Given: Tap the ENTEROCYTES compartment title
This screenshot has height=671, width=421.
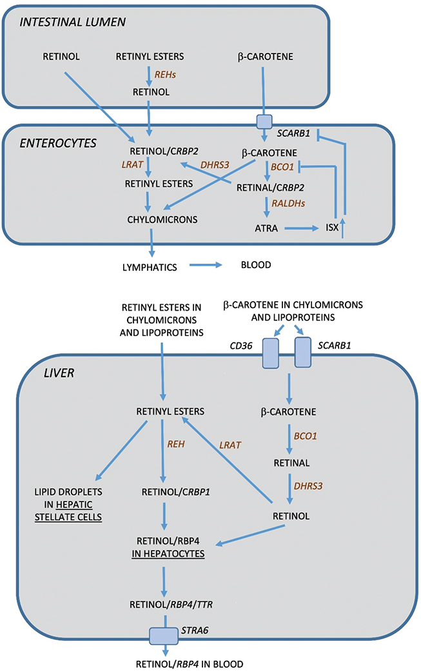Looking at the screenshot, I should [56, 142].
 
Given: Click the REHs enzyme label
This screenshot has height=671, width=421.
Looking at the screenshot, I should [167, 75].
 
